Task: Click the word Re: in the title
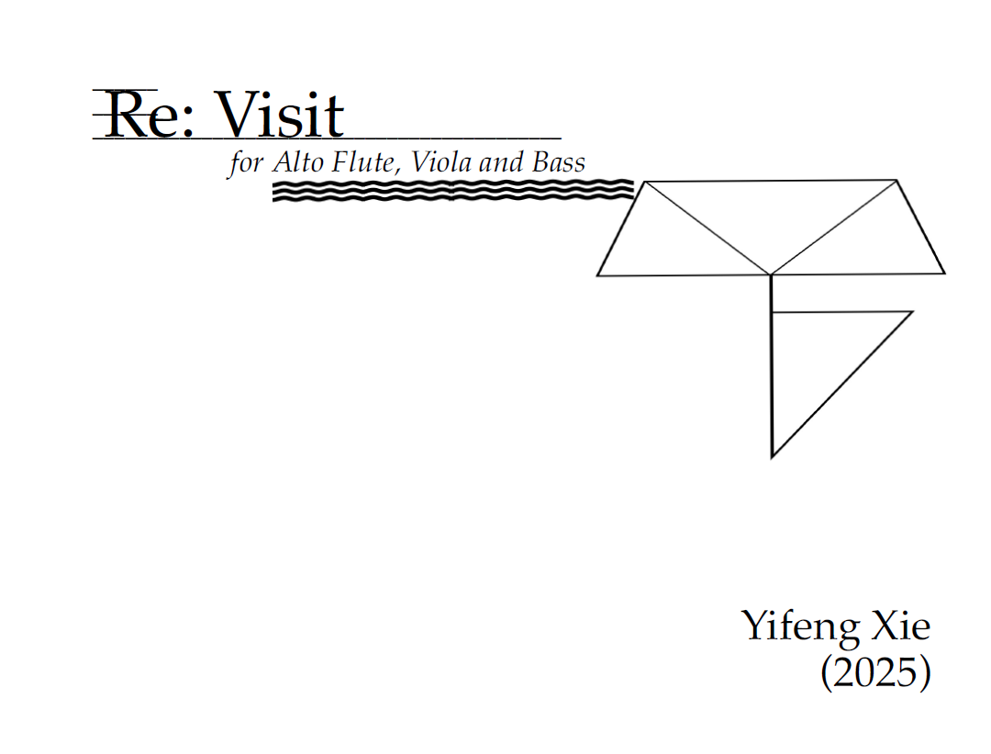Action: click(x=143, y=117)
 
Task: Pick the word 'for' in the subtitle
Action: click(x=245, y=164)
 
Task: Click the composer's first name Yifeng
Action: click(x=798, y=626)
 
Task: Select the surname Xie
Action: click(x=899, y=626)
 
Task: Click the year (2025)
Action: click(x=875, y=672)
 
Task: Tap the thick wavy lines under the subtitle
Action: click(x=453, y=190)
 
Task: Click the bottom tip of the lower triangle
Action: click(x=773, y=456)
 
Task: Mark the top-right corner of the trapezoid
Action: click(x=896, y=181)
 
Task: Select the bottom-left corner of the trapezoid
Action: click(x=598, y=274)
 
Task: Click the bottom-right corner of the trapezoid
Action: click(x=944, y=272)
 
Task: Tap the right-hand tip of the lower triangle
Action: click(x=912, y=312)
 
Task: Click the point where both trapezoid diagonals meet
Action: click(x=771, y=273)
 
